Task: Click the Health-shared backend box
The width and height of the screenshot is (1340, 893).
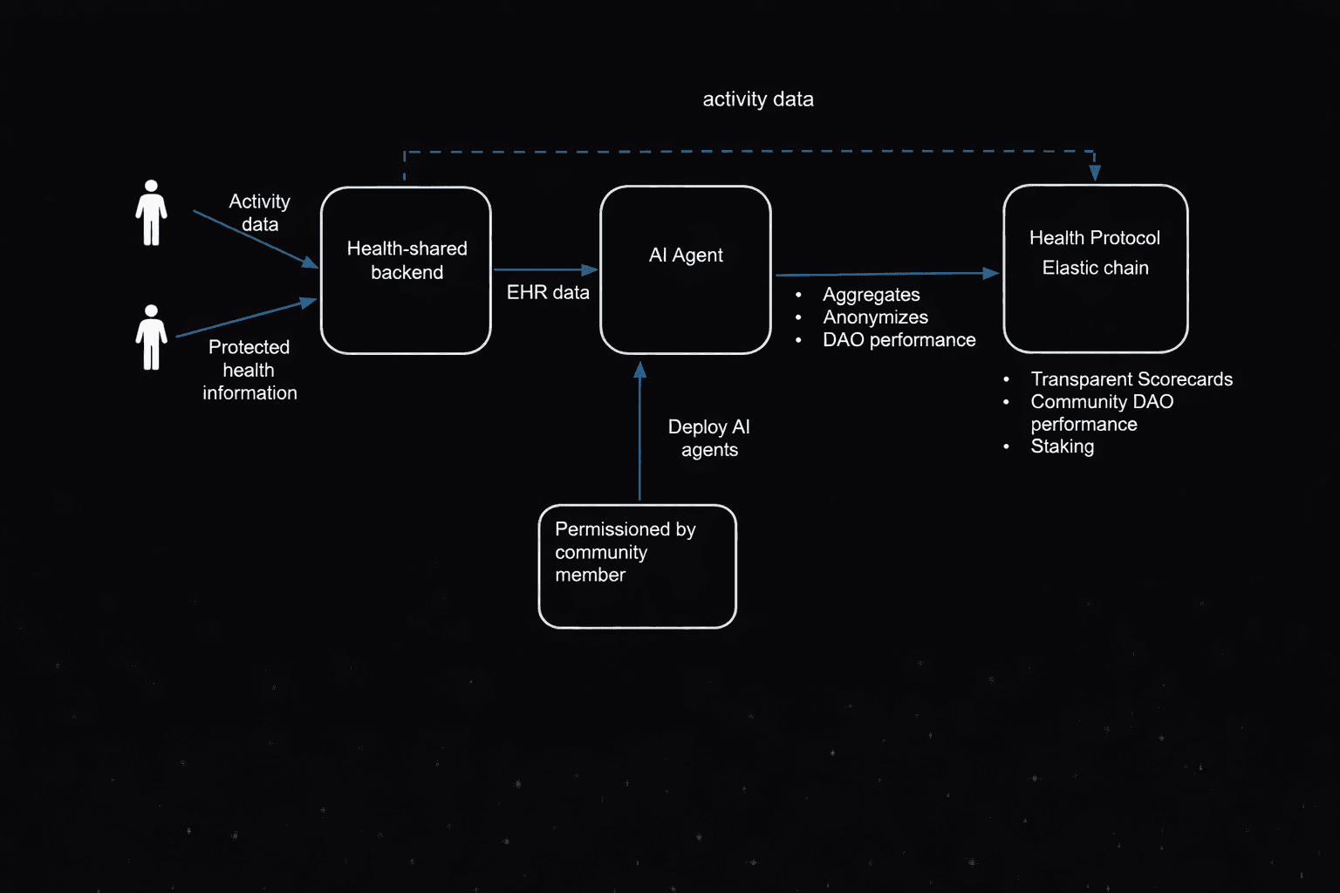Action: [406, 270]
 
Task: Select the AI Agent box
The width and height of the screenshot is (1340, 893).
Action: [686, 270]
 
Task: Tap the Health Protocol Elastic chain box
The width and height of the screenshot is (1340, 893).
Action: [1096, 269]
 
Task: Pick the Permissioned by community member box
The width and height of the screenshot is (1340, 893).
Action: [638, 566]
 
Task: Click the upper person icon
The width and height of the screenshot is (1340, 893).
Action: [151, 213]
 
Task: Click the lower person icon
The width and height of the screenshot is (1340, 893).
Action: [151, 337]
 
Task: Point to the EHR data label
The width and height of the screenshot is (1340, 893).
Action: [548, 293]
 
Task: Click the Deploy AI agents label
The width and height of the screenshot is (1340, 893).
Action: [709, 438]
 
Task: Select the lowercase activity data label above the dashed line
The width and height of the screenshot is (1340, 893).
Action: [758, 99]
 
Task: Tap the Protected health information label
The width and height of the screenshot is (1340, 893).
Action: [250, 370]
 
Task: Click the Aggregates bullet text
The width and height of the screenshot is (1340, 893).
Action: [871, 295]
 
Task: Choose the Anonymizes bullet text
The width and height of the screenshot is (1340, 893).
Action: [875, 317]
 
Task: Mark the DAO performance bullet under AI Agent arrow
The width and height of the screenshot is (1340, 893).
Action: [899, 340]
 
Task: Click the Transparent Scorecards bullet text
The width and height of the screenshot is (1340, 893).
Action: [1131, 379]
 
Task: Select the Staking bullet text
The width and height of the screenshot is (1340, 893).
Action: [1062, 446]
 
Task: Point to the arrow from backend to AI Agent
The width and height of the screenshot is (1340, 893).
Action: [544, 270]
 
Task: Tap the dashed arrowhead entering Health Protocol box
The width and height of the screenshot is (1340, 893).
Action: [1095, 173]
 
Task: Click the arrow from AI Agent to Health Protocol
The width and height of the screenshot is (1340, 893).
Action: [886, 274]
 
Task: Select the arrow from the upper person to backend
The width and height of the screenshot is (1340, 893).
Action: [254, 238]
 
